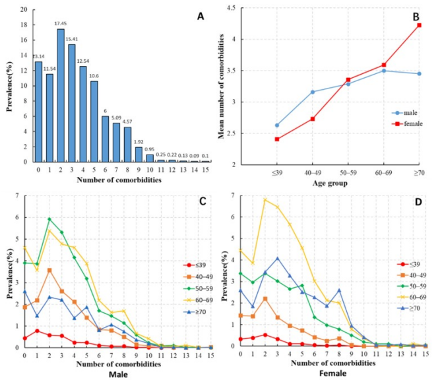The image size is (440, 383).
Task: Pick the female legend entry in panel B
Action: pyautogui.click(x=393, y=123)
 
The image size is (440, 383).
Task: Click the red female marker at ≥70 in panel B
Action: pyautogui.click(x=419, y=25)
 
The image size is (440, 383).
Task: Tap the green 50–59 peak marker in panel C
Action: pyautogui.click(x=49, y=219)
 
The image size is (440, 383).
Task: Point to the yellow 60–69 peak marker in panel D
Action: pyautogui.click(x=265, y=199)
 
